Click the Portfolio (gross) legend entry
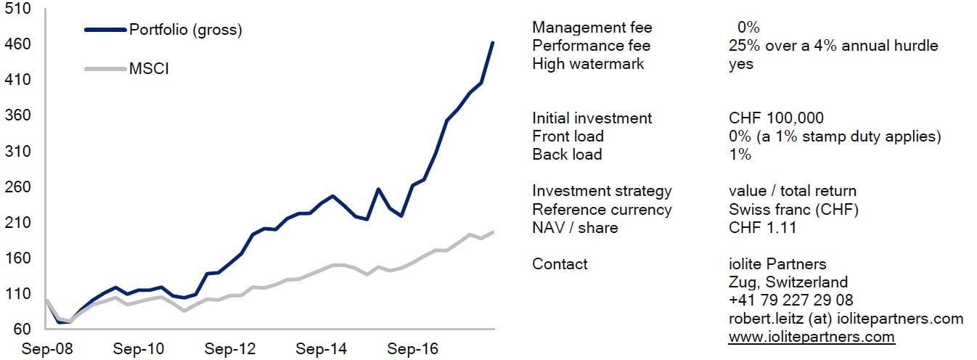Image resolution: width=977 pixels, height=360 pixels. (x=184, y=30)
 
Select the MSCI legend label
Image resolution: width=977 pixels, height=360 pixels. (x=149, y=69)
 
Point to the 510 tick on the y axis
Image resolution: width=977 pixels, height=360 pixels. (x=17, y=9)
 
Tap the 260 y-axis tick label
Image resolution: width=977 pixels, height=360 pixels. (x=17, y=187)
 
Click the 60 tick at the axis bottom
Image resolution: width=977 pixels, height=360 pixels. (x=20, y=329)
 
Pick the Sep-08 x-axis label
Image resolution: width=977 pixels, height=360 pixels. (x=43, y=349)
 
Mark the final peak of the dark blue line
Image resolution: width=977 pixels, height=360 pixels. (x=493, y=43)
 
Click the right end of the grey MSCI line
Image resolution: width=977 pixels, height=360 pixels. (x=494, y=232)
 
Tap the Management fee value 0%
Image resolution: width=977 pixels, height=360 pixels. (x=748, y=28)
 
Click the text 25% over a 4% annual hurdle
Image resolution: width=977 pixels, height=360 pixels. (x=833, y=46)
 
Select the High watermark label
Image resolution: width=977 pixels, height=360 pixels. (x=588, y=64)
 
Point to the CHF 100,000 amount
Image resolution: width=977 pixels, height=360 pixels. (x=776, y=118)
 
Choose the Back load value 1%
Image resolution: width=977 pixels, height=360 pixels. (x=740, y=155)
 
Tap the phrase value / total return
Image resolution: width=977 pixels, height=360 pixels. (x=792, y=191)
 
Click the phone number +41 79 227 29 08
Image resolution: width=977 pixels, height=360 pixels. (x=790, y=300)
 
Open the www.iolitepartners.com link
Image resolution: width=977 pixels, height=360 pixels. (x=812, y=337)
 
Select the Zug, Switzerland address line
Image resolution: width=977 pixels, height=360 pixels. (x=788, y=282)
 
